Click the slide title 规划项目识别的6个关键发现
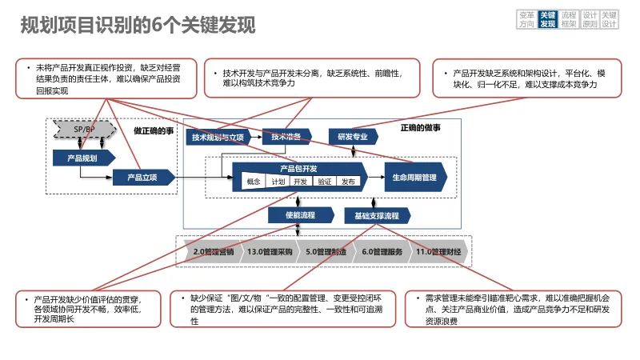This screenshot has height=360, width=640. click(x=138, y=26)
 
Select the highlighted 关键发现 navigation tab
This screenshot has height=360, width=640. click(x=548, y=20)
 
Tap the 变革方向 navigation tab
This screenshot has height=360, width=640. click(x=526, y=20)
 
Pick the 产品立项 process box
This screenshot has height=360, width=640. click(x=142, y=176)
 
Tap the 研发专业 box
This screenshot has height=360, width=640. click(x=352, y=137)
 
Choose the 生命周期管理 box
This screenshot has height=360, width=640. click(x=414, y=176)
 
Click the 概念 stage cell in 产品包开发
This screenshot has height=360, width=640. click(x=254, y=182)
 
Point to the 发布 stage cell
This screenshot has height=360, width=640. click(x=348, y=182)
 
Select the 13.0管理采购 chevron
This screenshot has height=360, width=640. click(x=269, y=252)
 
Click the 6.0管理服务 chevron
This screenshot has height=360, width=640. click(x=382, y=252)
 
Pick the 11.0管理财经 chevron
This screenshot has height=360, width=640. click(x=438, y=252)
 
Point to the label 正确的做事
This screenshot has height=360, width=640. click(x=420, y=128)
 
